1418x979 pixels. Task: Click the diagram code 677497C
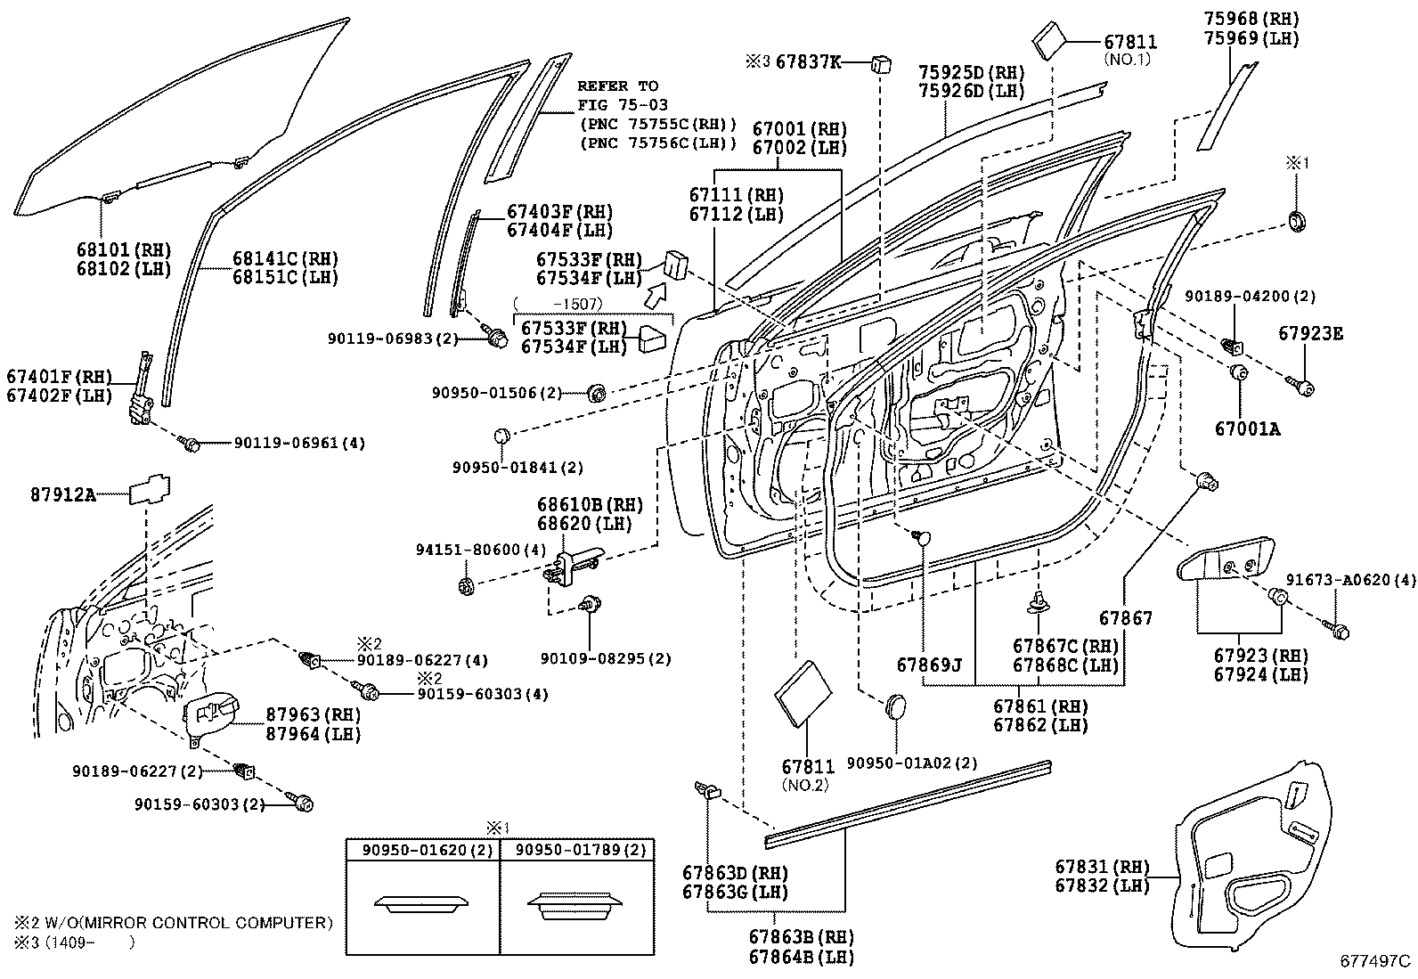coord(1376,961)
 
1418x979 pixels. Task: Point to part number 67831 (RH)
coord(1102,867)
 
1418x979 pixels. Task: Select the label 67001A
coord(1247,428)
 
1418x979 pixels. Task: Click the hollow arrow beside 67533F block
coord(656,294)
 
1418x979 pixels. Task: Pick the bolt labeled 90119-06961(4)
coord(189,442)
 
